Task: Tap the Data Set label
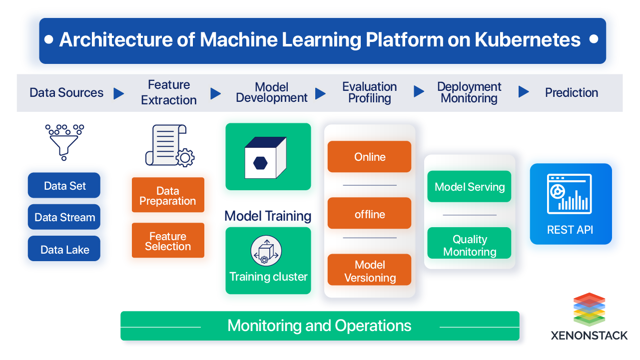[65, 186]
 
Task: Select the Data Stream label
[65, 218]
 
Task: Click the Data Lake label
[65, 250]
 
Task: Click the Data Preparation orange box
[168, 196]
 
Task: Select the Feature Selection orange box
[168, 242]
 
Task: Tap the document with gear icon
[170, 145]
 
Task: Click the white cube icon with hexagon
[265, 158]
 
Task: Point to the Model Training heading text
[268, 216]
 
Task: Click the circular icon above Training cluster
[266, 251]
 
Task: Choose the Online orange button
[370, 157]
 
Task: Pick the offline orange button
[370, 214]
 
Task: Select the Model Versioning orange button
[370, 271]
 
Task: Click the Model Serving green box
[470, 187]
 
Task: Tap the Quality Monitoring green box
[470, 245]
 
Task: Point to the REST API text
[570, 230]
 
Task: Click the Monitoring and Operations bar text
[319, 326]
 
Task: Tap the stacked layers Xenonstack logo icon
[589, 310]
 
